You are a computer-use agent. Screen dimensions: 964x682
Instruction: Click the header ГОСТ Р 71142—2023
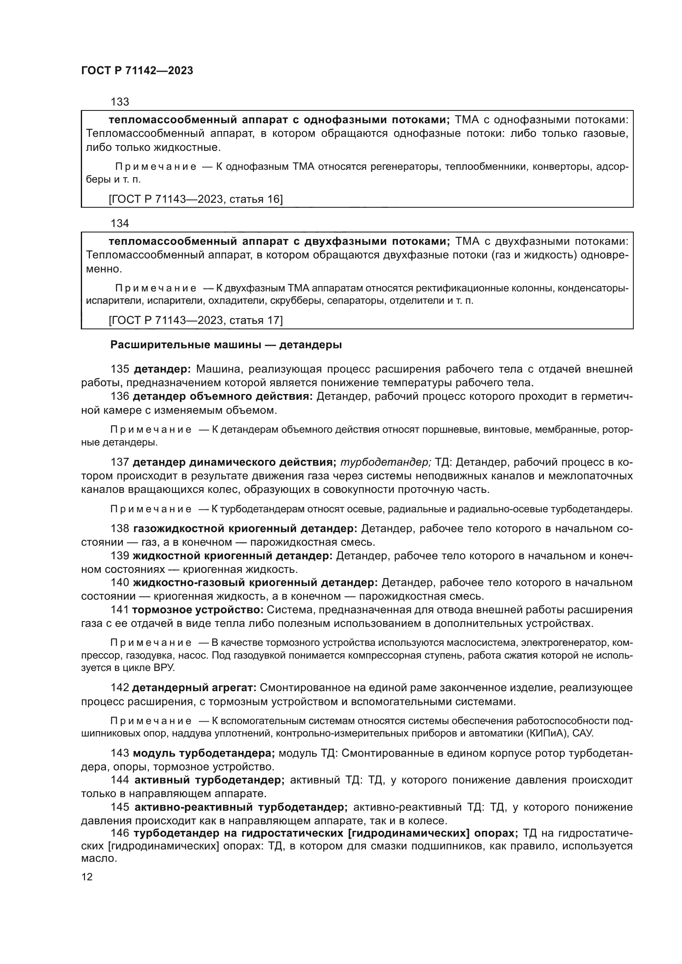137,70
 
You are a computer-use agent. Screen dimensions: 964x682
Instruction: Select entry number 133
120,102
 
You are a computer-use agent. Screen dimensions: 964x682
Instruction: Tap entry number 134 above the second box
120,223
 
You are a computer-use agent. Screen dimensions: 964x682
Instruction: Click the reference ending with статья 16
196,199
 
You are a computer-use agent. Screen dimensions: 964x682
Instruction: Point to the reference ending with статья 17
196,320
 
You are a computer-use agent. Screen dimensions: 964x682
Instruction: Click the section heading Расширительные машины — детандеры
226,345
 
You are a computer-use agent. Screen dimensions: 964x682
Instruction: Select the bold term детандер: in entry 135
162,369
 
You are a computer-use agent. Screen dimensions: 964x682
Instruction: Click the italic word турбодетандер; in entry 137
386,462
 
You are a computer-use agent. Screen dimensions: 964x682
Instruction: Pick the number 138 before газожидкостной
120,529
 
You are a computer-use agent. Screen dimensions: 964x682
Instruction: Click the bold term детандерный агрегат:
194,688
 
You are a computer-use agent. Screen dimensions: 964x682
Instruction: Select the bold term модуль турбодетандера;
204,753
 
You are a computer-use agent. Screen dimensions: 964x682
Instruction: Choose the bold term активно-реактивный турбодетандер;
241,807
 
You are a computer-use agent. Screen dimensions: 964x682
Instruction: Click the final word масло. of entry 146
99,858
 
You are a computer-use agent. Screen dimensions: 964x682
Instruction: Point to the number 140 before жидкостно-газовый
120,583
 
